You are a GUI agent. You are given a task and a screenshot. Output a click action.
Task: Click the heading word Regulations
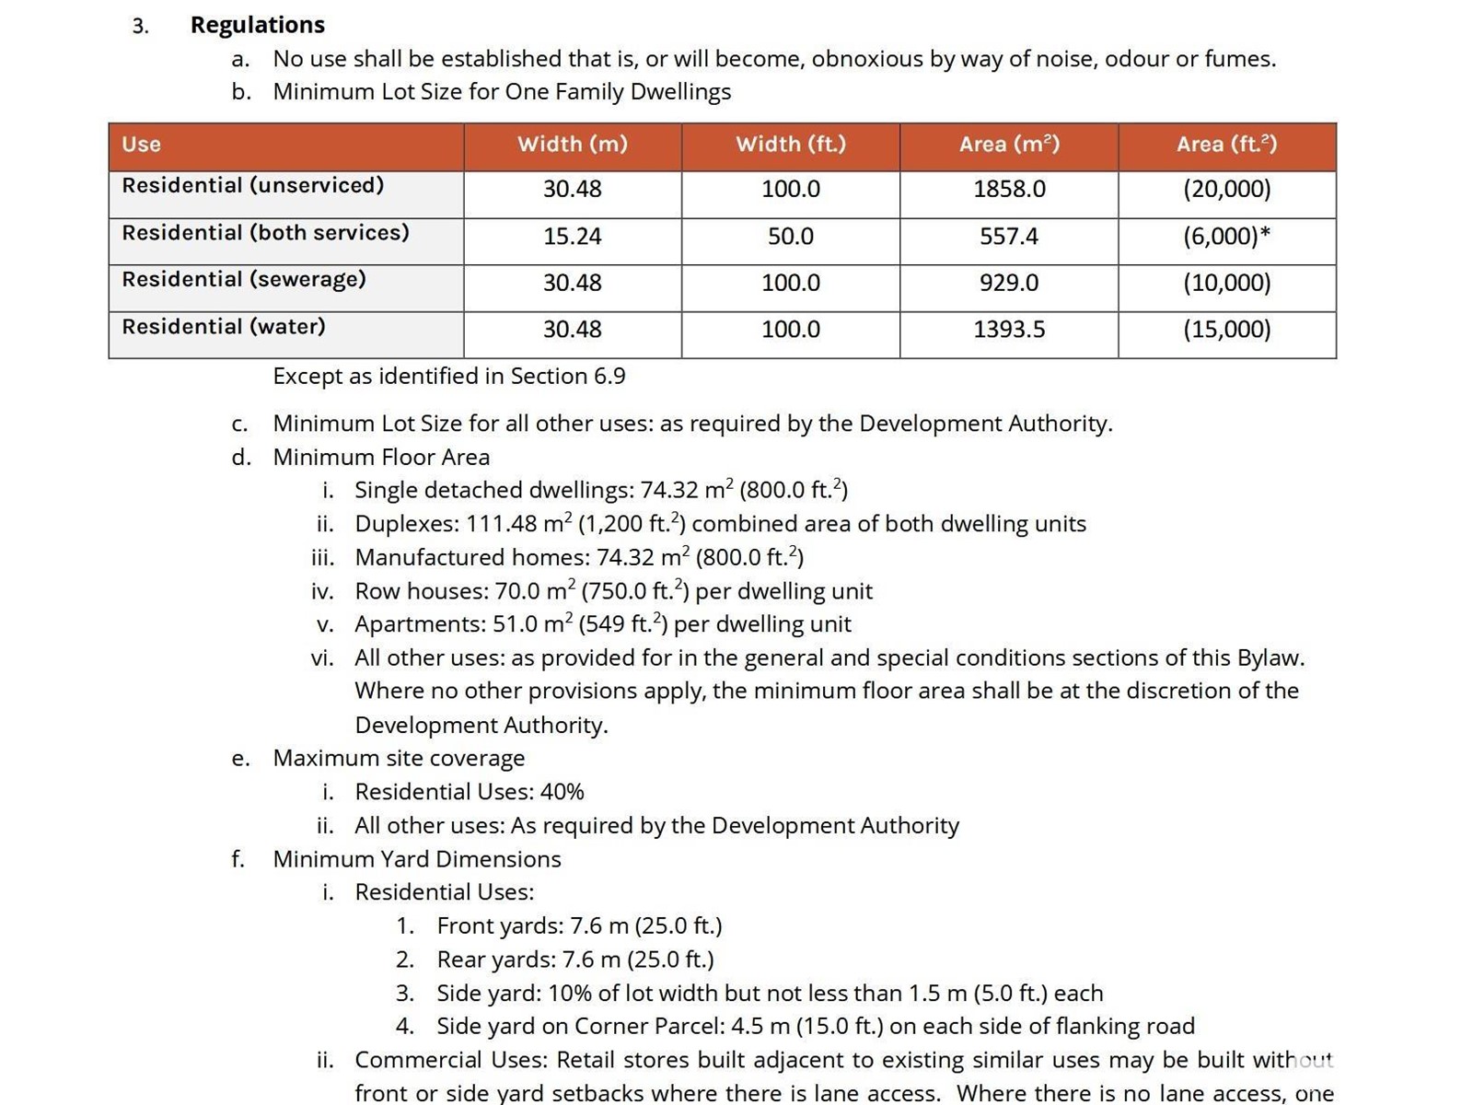coord(257,25)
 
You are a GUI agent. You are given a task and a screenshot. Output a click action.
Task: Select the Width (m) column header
coord(572,145)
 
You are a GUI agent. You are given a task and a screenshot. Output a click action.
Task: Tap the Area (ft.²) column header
coord(1226,145)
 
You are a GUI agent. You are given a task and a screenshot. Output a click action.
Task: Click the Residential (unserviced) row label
coord(252,186)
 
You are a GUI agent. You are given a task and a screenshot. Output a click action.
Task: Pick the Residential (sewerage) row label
coord(243,279)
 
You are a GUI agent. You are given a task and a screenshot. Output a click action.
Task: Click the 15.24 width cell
coord(572,237)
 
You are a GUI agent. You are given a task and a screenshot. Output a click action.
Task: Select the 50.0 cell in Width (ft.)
coord(790,237)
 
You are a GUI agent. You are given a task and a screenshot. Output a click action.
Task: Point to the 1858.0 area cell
coord(1009,190)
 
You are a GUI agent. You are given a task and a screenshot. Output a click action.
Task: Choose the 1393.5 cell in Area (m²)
coord(1009,330)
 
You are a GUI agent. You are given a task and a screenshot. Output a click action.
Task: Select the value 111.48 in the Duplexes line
coord(502,524)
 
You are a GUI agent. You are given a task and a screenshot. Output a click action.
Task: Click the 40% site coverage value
coord(562,792)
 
